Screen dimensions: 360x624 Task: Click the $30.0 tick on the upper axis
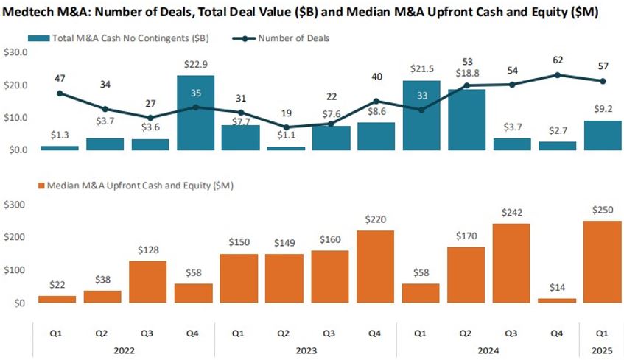15,53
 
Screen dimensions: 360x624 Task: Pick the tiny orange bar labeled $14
556,300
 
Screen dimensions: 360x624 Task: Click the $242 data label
511,211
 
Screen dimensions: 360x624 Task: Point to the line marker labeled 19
286,127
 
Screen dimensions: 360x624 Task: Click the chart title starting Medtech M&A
301,13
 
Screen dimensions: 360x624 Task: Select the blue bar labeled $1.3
60,147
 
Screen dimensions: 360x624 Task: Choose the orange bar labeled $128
150,281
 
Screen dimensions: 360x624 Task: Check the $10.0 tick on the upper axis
15,118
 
